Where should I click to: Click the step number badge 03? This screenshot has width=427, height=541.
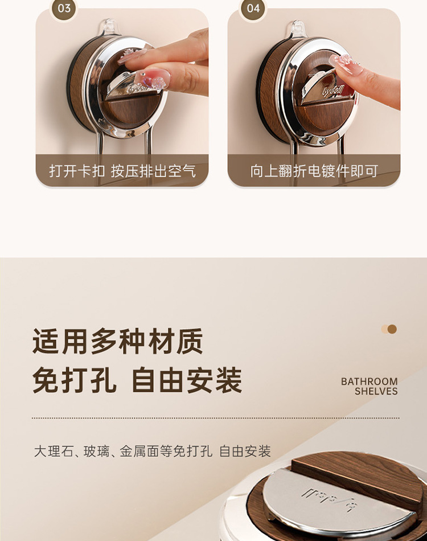(64, 9)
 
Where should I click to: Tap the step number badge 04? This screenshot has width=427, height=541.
(253, 9)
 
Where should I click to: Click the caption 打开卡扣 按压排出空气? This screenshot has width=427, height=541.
(122, 171)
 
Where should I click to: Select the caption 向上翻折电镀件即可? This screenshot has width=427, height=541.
(314, 171)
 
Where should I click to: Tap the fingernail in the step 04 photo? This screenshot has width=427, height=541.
(346, 64)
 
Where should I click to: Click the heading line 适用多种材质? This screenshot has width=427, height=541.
(118, 341)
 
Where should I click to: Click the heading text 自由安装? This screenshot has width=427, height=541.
(187, 380)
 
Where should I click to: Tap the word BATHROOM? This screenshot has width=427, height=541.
(369, 382)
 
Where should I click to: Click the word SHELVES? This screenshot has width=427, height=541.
(376, 391)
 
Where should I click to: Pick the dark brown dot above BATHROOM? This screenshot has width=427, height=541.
(392, 329)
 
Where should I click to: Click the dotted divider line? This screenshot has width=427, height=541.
(216, 418)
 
